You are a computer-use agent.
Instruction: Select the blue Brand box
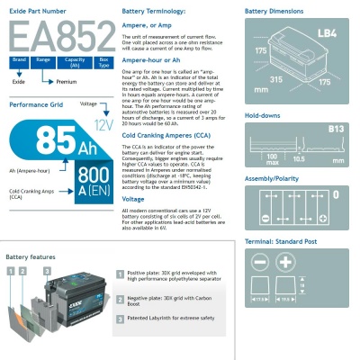tap(15, 61)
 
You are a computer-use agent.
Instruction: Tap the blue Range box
tap(42, 61)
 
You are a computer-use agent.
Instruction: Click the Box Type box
tap(103, 61)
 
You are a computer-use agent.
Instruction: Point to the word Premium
tap(65, 80)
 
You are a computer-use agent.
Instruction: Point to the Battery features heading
tap(30, 256)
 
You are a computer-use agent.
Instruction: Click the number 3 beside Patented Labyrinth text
tap(120, 319)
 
